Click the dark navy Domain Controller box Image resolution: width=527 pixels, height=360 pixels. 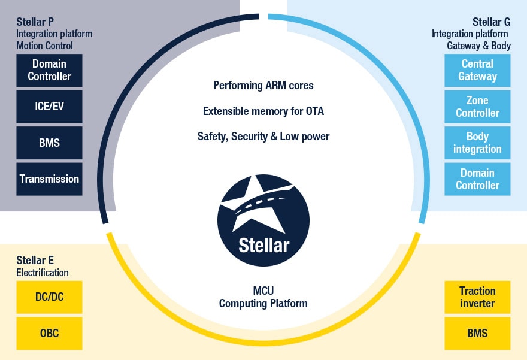pyautogui.click(x=49, y=70)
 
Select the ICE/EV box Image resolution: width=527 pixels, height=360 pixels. pyautogui.click(x=49, y=107)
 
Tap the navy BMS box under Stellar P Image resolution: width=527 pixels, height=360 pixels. pyautogui.click(x=49, y=143)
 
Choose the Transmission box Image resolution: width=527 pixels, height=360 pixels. pyautogui.click(x=49, y=179)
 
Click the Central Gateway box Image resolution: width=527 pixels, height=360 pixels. pyautogui.click(x=477, y=70)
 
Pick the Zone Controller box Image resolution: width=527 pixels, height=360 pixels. pyautogui.click(x=477, y=107)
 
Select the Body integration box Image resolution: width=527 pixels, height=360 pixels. pyautogui.click(x=477, y=143)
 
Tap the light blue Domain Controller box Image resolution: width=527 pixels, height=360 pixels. pyautogui.click(x=477, y=179)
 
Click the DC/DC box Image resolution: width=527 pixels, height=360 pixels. pyautogui.click(x=49, y=297)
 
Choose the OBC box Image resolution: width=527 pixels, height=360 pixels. pyautogui.click(x=49, y=333)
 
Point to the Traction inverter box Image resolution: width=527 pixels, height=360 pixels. pyautogui.click(x=477, y=297)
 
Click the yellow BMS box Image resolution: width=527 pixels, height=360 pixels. pyautogui.click(x=477, y=333)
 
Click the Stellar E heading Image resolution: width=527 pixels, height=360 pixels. pyautogui.click(x=35, y=260)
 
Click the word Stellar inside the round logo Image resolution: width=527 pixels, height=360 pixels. pyautogui.click(x=263, y=245)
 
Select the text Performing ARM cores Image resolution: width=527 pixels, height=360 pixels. pyautogui.click(x=263, y=85)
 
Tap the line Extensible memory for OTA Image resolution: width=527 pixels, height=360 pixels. pyautogui.click(x=263, y=111)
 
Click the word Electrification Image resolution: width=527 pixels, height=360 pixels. pyautogui.click(x=43, y=273)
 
